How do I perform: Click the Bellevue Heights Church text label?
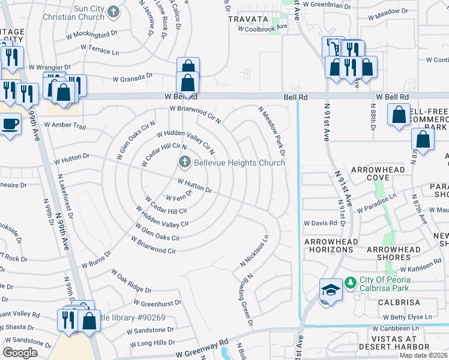pos(240,163)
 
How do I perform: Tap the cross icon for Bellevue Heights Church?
pos(185,162)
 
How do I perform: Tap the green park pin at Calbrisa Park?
pos(351,281)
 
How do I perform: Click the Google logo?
pos(20,353)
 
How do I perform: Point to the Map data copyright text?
pos(423,355)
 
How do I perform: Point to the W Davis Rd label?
pos(321,223)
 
